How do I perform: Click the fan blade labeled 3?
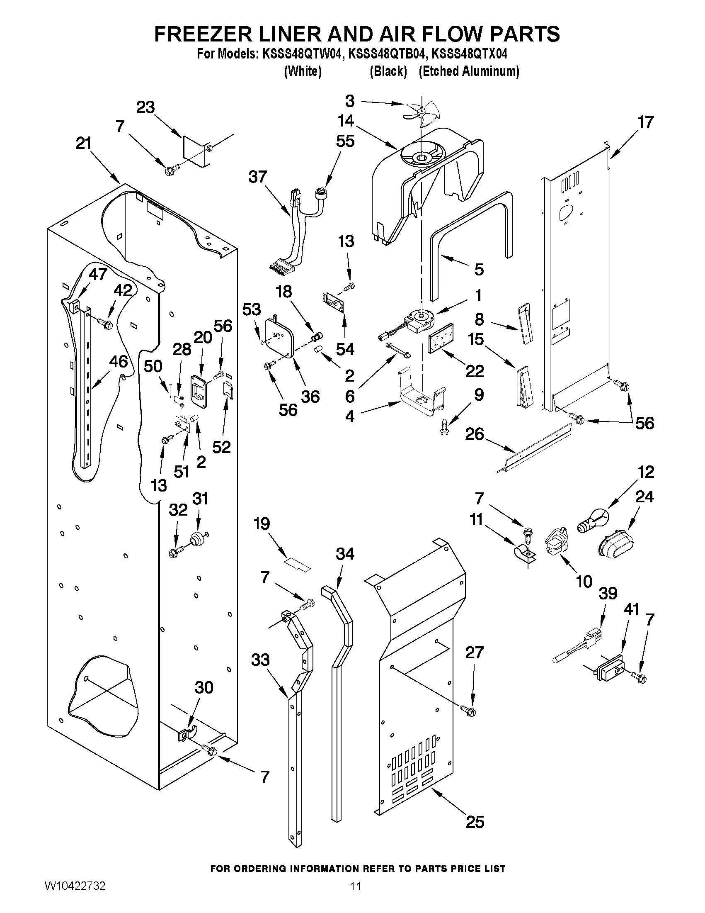(x=420, y=116)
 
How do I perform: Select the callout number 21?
(x=84, y=144)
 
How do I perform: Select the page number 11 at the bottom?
(x=355, y=898)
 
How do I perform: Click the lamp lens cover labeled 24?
(x=616, y=546)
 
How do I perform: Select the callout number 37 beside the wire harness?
(x=257, y=177)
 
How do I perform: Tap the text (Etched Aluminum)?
(x=469, y=71)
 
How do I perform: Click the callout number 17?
(x=645, y=122)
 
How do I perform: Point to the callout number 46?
(x=119, y=361)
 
